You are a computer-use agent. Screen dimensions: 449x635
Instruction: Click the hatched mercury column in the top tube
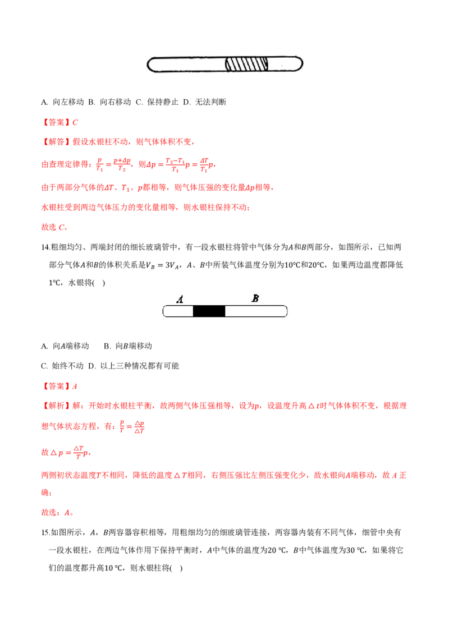pyautogui.click(x=246, y=64)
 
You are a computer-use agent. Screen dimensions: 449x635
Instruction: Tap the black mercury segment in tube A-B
pyautogui.click(x=209, y=311)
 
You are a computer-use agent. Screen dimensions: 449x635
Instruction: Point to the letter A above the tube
pyautogui.click(x=180, y=300)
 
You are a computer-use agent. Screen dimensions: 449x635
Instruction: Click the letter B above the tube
pyautogui.click(x=255, y=298)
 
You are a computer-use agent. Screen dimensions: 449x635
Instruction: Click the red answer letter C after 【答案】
pyautogui.click(x=75, y=122)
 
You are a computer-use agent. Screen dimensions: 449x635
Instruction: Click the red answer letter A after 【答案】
pyautogui.click(x=75, y=386)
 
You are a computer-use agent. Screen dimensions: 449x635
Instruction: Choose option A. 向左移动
pyautogui.click(x=62, y=102)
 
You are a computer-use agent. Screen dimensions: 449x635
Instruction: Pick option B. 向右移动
pyautogui.click(x=110, y=102)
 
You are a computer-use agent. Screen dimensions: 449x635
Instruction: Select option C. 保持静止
pyautogui.click(x=157, y=102)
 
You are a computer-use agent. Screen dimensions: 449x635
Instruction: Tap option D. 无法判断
pyautogui.click(x=205, y=102)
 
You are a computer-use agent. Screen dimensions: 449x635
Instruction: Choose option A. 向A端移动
pyautogui.click(x=65, y=346)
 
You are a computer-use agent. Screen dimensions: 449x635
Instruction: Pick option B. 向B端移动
pyautogui.click(x=128, y=346)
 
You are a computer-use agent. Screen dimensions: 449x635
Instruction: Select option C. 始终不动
pyautogui.click(x=62, y=366)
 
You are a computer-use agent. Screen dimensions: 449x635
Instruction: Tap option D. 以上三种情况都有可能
pyautogui.click(x=134, y=366)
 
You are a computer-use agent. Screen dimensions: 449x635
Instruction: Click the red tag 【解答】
pyautogui.click(x=56, y=142)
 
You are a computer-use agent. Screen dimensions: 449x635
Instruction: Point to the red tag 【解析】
pyautogui.click(x=56, y=406)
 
